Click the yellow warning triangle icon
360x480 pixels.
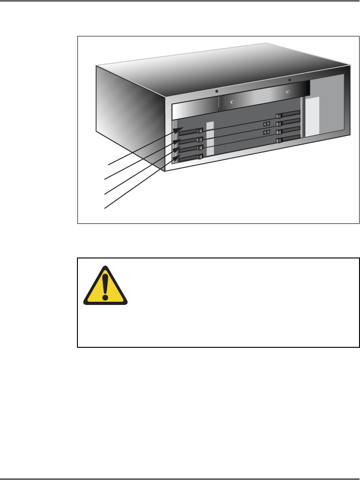(x=106, y=287)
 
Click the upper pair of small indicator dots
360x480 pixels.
(x=266, y=124)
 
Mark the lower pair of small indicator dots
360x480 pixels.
(x=266, y=133)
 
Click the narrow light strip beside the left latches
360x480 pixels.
(x=210, y=139)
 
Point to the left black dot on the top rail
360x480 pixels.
(x=217, y=91)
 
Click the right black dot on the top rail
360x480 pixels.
(x=289, y=80)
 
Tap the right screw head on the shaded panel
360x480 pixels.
(x=287, y=92)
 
